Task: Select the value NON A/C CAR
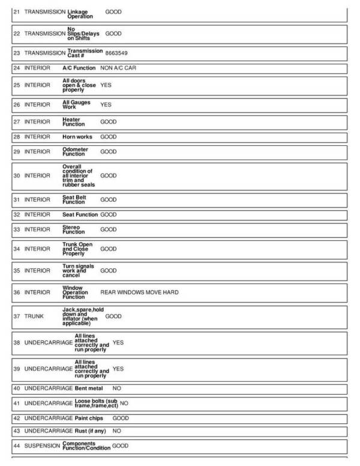[118, 68]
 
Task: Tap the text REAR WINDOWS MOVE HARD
[139, 292]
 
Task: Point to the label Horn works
[77, 137]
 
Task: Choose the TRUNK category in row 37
[34, 316]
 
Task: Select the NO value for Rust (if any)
[117, 431]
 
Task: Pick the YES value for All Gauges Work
[106, 104]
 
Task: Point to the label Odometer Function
[75, 152]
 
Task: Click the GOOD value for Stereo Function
[109, 229]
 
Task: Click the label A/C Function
[79, 68]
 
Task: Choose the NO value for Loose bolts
[124, 403]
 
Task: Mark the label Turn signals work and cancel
[76, 271]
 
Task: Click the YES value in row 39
[118, 369]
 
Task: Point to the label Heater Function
[74, 122]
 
